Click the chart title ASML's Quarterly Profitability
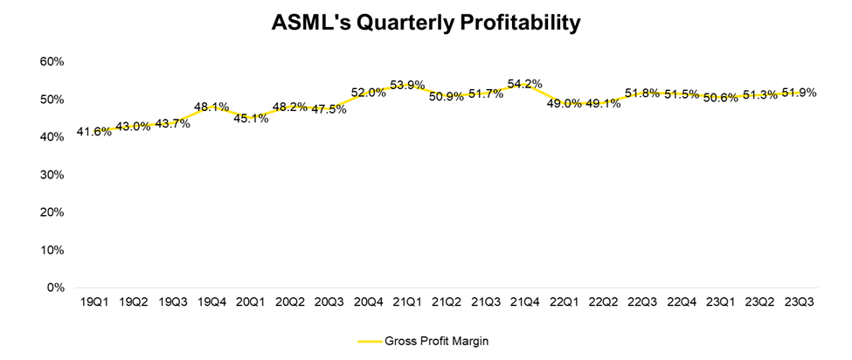pyautogui.click(x=426, y=23)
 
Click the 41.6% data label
pyautogui.click(x=94, y=132)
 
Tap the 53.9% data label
pyautogui.click(x=407, y=85)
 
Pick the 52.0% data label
pyautogui.click(x=368, y=93)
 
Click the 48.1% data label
pyautogui.click(x=211, y=107)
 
